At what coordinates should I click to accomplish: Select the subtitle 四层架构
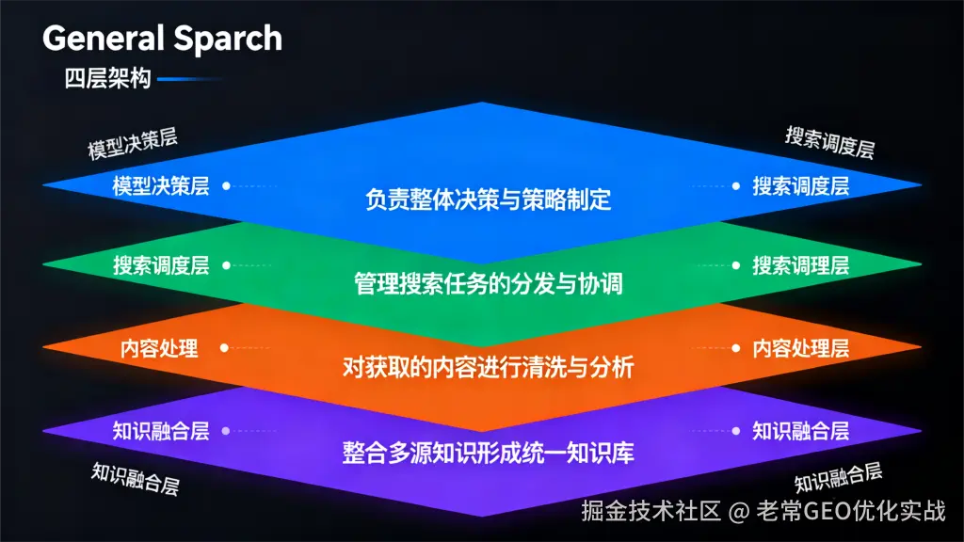(107, 79)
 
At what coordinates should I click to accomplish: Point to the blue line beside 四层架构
(188, 80)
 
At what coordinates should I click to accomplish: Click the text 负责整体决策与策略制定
(488, 199)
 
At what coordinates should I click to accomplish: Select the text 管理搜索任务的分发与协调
(488, 282)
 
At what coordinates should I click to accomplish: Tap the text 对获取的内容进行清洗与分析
(488, 367)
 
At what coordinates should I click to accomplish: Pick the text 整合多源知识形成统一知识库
(488, 452)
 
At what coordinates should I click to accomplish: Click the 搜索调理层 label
(800, 265)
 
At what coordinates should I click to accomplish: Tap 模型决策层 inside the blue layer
(161, 185)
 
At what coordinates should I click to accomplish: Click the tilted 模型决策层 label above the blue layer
(133, 144)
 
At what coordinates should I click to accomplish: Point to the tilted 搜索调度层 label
(829, 142)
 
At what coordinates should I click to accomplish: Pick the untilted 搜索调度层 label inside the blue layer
(800, 185)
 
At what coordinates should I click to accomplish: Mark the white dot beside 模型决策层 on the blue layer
(226, 185)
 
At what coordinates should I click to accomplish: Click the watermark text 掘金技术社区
(651, 511)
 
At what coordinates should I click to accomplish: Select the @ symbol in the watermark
(739, 511)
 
